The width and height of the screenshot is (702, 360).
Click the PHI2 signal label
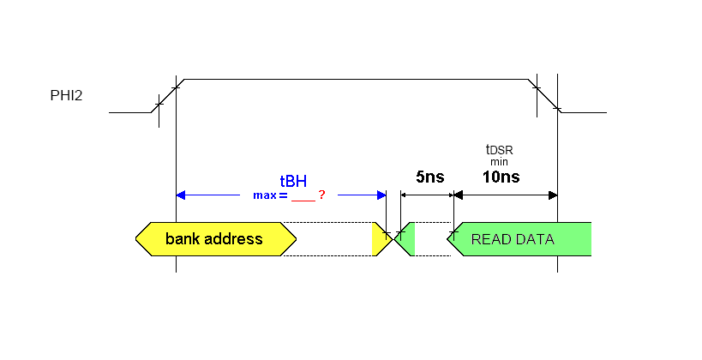pyautogui.click(x=66, y=95)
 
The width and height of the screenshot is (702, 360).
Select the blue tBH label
pyautogui.click(x=293, y=181)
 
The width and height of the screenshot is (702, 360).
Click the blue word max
pyautogui.click(x=264, y=195)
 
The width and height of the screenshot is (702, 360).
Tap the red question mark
pyautogui.click(x=321, y=195)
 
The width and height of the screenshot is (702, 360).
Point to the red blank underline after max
pyautogui.click(x=303, y=199)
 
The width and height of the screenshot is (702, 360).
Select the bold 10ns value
pyautogui.click(x=501, y=177)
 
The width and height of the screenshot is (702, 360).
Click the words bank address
pyautogui.click(x=213, y=238)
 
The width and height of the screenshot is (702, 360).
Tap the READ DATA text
pyautogui.click(x=513, y=239)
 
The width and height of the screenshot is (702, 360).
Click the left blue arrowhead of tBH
pyautogui.click(x=181, y=195)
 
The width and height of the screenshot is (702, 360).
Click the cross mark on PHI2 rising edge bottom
pyautogui.click(x=158, y=105)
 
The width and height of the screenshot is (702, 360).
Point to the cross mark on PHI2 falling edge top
pyautogui.click(x=537, y=87)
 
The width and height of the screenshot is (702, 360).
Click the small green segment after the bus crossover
pyautogui.click(x=409, y=239)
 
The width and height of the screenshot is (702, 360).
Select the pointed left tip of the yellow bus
pyautogui.click(x=137, y=238)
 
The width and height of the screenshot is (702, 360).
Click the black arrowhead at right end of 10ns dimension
pyautogui.click(x=553, y=195)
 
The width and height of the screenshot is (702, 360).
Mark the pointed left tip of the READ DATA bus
pyautogui.click(x=449, y=239)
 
